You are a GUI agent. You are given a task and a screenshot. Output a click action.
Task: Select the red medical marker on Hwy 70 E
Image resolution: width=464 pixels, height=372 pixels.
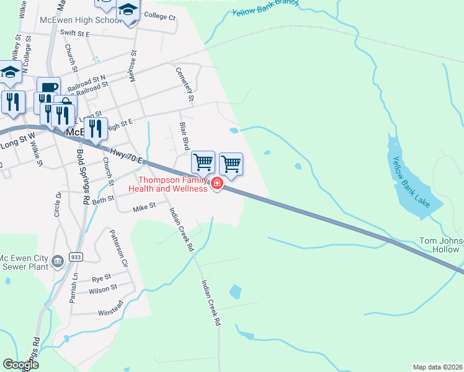[217, 183]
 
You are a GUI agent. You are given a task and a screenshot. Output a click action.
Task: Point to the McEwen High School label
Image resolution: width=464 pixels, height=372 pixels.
[79, 20]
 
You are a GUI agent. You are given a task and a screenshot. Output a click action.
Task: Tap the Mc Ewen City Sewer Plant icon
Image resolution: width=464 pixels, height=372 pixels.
[58, 261]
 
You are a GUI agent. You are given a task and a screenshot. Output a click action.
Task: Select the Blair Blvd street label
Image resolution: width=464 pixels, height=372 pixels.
[184, 136]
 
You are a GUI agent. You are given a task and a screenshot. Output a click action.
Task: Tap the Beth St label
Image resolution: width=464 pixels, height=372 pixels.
[104, 200]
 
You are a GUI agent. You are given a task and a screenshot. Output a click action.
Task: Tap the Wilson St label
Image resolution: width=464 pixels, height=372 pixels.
[103, 288]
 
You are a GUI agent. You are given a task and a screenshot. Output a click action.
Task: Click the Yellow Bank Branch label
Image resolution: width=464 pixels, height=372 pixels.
[265, 9]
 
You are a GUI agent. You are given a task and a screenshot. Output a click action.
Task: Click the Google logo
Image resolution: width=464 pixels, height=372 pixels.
[20, 365]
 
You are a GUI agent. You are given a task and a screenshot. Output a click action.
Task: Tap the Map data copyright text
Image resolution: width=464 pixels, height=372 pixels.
[438, 367]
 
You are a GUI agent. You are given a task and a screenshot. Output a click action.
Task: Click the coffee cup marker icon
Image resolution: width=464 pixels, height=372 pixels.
[48, 87]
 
